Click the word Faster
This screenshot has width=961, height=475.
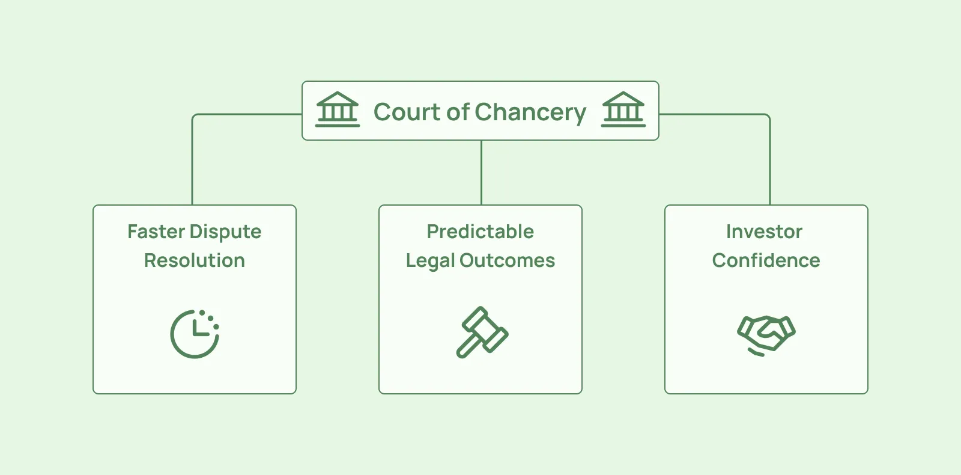[x=156, y=232]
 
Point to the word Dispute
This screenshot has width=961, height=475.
[x=225, y=233]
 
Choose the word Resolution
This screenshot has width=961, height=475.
[x=195, y=261]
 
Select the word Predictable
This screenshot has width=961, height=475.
[x=480, y=232]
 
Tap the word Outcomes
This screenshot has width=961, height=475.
[x=507, y=261]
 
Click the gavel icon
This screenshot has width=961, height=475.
[x=482, y=332]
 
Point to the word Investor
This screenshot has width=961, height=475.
[x=764, y=232]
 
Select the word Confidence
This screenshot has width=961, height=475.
[x=766, y=261]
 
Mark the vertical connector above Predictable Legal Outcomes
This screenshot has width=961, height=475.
[x=481, y=173]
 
